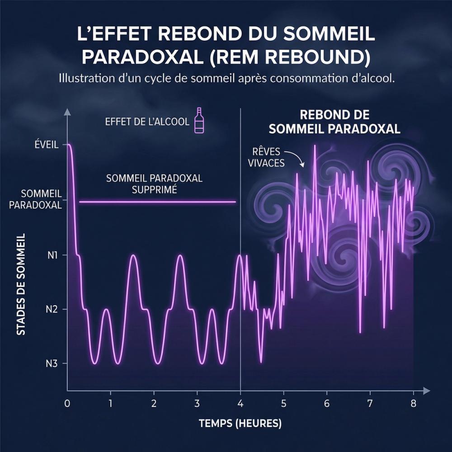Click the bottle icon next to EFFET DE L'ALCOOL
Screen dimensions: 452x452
199,121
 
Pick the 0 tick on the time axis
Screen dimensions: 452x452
67,402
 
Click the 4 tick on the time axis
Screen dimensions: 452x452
240,402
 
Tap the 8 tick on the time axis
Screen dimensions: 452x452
413,402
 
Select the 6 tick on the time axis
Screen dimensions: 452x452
327,402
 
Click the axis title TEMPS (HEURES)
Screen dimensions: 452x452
240,424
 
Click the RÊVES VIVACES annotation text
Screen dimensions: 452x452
266,157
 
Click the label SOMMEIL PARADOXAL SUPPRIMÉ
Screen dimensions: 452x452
154,184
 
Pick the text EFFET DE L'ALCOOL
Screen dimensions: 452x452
147,122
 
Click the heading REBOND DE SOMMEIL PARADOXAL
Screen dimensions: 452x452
334,121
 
